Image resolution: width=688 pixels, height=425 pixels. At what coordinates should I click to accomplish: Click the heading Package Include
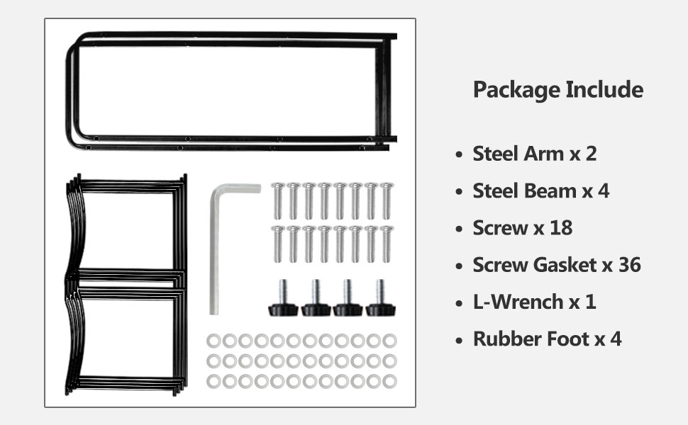[x=558, y=91]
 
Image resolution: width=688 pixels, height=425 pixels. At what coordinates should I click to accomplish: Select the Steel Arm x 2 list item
[x=534, y=154]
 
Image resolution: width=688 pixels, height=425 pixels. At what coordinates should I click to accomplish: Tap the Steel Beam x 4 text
[x=540, y=191]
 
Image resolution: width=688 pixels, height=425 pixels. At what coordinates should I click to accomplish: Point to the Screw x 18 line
[x=522, y=227]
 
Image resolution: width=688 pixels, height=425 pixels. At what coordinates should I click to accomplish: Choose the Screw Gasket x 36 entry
[x=556, y=265]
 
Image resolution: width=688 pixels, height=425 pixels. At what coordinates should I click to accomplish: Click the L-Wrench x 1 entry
[x=534, y=302]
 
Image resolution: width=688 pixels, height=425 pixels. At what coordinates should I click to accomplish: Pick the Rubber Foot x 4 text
[x=547, y=339]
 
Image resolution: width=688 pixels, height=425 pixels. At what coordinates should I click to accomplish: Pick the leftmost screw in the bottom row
[x=277, y=244]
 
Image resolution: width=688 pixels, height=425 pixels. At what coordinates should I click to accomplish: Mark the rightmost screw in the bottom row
[x=386, y=244]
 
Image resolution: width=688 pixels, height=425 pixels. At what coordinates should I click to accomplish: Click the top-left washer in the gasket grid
[x=213, y=341]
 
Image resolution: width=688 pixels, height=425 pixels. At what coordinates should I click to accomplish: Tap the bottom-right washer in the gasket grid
[x=389, y=381]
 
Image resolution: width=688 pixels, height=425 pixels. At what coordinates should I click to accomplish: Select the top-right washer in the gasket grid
[x=389, y=341]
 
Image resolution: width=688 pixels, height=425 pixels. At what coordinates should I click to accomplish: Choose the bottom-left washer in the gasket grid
[x=213, y=381]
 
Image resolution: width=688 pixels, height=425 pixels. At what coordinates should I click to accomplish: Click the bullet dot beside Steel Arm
[x=459, y=154]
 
